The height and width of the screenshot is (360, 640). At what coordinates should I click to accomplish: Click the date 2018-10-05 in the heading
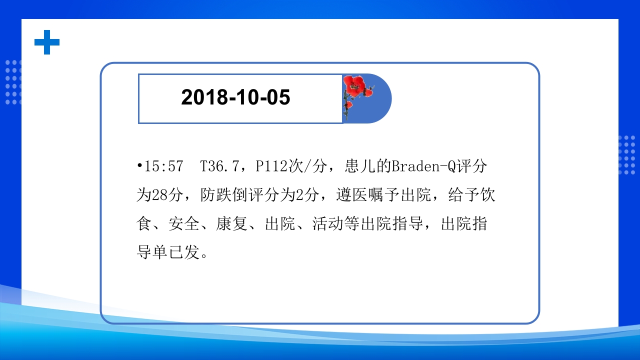pyautogui.click(x=235, y=98)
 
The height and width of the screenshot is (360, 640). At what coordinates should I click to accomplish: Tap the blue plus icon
pyautogui.click(x=47, y=42)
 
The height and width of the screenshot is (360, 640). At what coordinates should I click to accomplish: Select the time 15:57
pyautogui.click(x=163, y=167)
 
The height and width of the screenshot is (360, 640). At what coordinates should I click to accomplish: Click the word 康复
pyautogui.click(x=232, y=224)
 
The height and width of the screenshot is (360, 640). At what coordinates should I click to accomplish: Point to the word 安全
pyautogui.click(x=184, y=224)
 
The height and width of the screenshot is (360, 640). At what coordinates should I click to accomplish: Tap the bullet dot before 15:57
pyautogui.click(x=140, y=166)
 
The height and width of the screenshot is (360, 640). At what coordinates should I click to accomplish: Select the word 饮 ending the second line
pyautogui.click(x=488, y=195)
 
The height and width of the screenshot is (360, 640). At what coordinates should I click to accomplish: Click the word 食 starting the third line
pyautogui.click(x=144, y=224)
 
